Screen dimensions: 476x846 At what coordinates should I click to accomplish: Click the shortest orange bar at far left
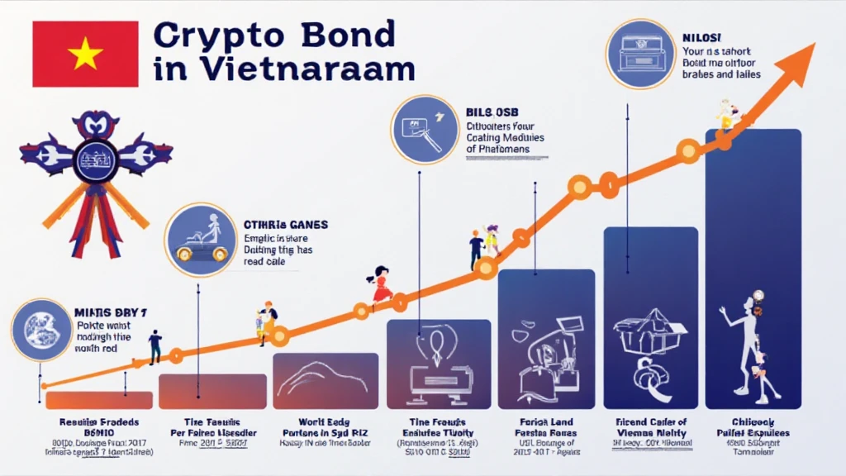98,400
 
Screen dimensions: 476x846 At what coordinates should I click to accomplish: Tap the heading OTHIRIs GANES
286,224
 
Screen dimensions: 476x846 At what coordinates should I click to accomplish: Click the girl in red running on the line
381,285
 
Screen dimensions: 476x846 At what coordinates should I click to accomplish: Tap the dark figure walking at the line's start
154,345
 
